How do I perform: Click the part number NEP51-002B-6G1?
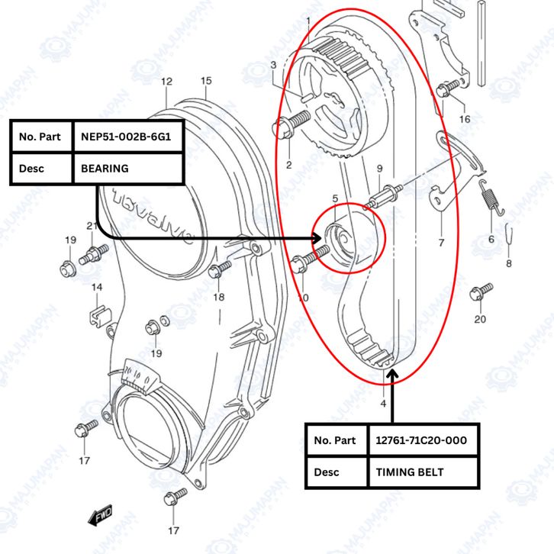[x=126, y=137]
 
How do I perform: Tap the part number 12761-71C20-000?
[x=421, y=440]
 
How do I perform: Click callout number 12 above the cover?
[x=166, y=82]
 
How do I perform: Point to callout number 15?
[x=206, y=81]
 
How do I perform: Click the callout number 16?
[x=465, y=119]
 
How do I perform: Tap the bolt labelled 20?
[x=481, y=291]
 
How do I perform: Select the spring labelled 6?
[x=491, y=204]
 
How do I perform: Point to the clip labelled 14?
[x=98, y=313]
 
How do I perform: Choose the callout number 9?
[x=379, y=168]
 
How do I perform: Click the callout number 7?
[x=440, y=243]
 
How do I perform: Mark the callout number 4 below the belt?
[x=383, y=403]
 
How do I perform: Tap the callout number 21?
[x=92, y=225]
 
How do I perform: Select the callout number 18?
[x=219, y=297]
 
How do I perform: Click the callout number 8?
[x=509, y=264]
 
